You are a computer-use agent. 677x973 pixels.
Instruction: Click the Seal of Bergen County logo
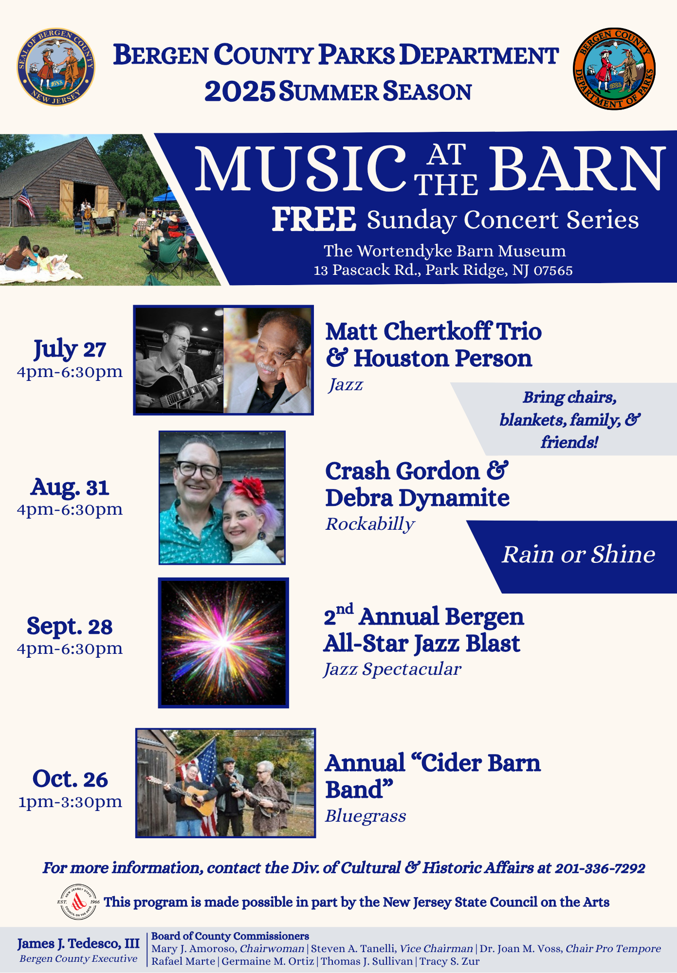tap(56, 67)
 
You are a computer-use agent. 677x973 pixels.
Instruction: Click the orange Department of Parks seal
tap(614, 69)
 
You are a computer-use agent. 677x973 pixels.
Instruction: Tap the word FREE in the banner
tap(314, 219)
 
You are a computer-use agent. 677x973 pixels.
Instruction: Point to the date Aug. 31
tap(70, 487)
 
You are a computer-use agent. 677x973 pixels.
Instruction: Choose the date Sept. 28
tap(70, 626)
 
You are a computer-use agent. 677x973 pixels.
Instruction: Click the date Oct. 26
tap(70, 779)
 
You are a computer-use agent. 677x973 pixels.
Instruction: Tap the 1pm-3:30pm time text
tap(70, 802)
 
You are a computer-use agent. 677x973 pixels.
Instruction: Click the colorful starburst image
tap(223, 643)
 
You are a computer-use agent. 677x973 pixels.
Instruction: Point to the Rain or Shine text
tap(579, 554)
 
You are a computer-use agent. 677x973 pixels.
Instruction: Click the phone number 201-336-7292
tap(600, 868)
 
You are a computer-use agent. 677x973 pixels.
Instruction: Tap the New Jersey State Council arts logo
tap(78, 902)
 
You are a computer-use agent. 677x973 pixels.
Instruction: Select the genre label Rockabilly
tap(370, 524)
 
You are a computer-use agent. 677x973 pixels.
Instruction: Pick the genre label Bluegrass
tap(366, 816)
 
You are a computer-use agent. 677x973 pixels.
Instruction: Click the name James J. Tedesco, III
tap(78, 944)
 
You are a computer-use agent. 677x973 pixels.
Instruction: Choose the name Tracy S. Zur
tap(450, 961)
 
